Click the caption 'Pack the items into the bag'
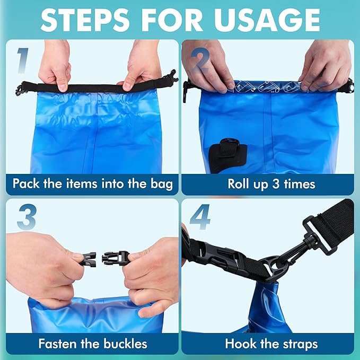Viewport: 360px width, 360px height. (x=92, y=184)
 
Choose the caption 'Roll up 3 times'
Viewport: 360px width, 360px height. (x=271, y=184)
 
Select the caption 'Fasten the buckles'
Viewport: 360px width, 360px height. (x=92, y=344)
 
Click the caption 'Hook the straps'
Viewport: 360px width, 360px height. (x=271, y=344)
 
